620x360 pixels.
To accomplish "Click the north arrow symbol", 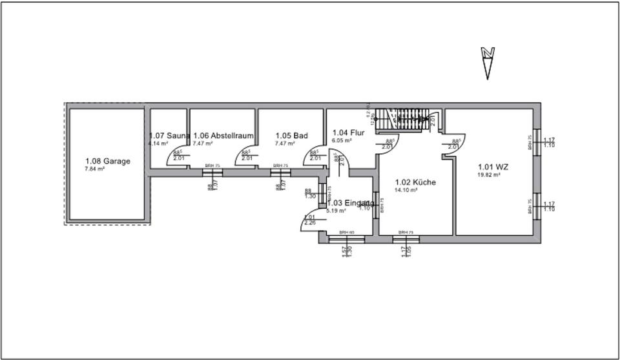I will pos(489,62).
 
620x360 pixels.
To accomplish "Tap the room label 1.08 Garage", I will pos(108,162).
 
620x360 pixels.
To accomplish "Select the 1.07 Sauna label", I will pos(169,135).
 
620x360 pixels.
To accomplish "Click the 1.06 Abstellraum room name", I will pos(223,135).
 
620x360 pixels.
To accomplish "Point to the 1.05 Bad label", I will pos(291,135).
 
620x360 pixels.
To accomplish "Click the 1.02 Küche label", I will pos(415,182).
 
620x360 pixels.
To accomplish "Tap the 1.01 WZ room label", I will pos(493,167).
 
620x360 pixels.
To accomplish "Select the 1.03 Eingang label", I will pos(351,203).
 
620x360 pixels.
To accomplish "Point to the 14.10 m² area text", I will pos(406,190).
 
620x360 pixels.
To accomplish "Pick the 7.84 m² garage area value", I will pos(94,169).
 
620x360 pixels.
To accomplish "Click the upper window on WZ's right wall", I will pos(536,142).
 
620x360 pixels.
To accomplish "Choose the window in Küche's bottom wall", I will pos(406,238).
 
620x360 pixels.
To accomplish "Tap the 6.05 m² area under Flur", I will pos(341,140).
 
